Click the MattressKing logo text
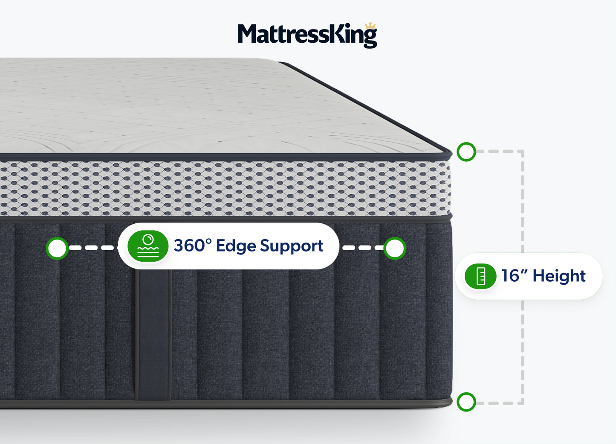[307, 35]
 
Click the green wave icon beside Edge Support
[148, 246]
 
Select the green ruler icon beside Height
[480, 276]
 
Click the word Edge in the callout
[236, 246]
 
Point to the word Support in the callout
[292, 246]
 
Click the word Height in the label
[559, 276]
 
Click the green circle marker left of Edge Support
[57, 248]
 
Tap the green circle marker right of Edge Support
[394, 248]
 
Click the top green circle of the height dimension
[466, 152]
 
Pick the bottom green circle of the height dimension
[466, 402]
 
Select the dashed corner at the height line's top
[522, 152]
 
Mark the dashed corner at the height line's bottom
[522, 402]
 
